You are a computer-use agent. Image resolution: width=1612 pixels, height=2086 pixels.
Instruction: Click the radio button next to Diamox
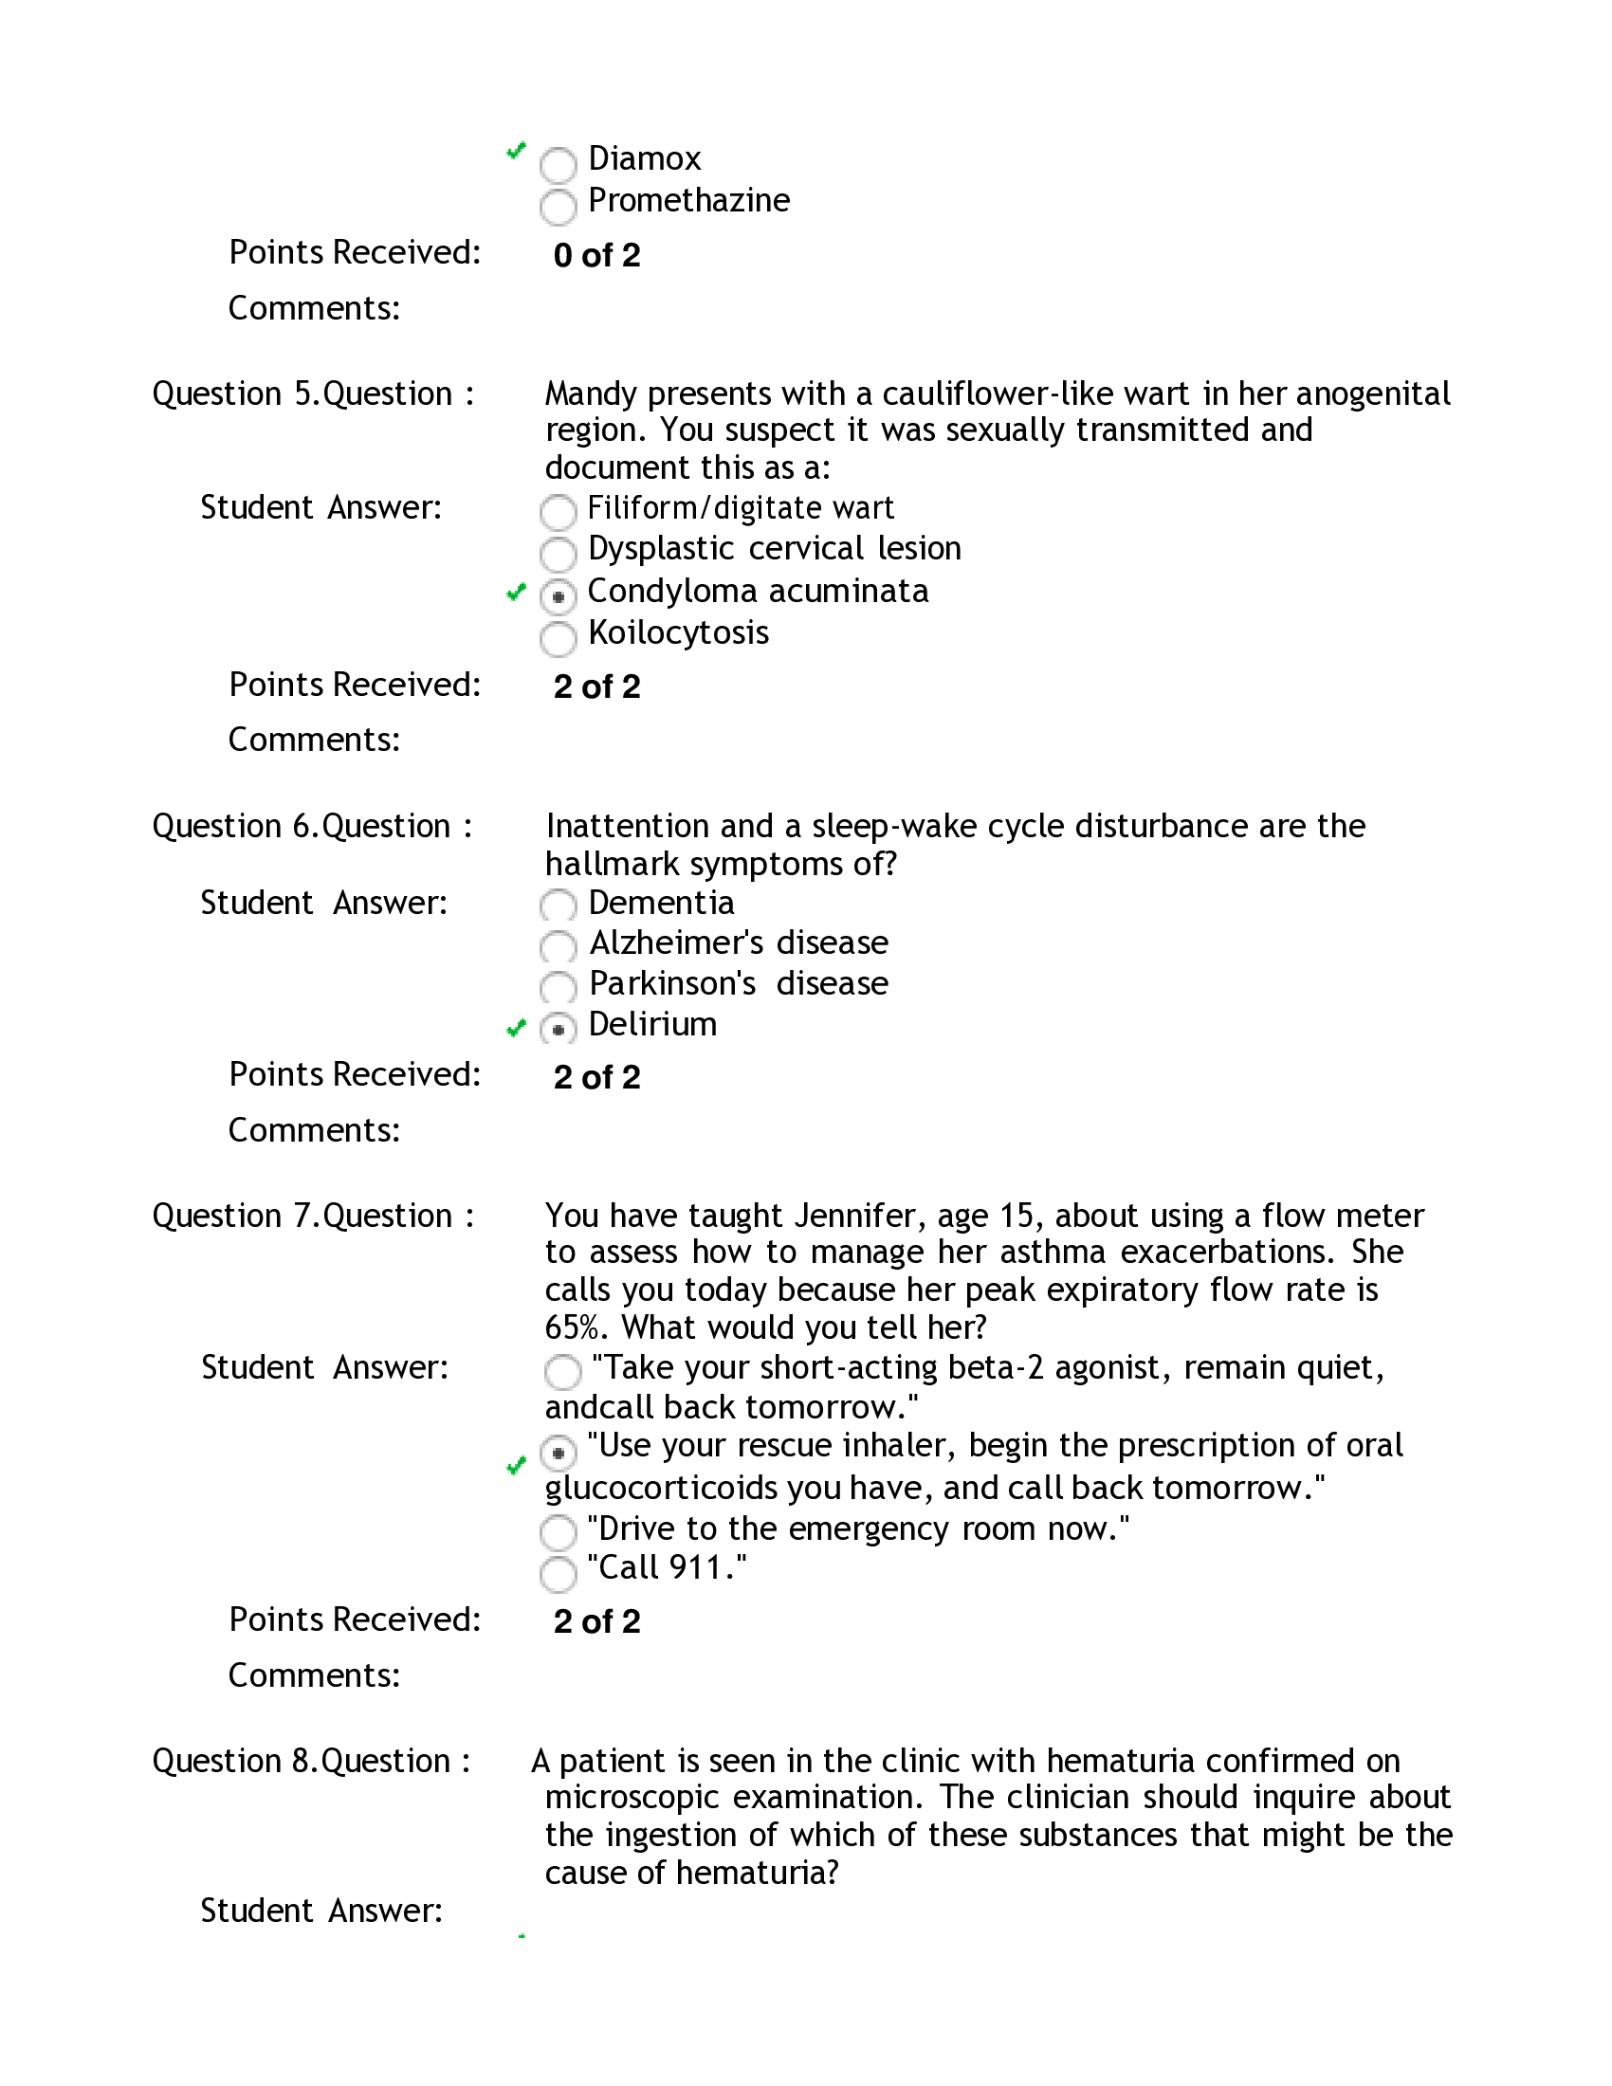pyautogui.click(x=559, y=165)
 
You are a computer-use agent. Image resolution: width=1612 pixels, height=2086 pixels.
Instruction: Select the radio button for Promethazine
pyautogui.click(x=559, y=207)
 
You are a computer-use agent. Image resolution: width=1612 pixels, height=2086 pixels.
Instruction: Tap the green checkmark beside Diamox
pyautogui.click(x=516, y=151)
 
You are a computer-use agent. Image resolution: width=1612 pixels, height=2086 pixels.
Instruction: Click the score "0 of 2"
pyautogui.click(x=596, y=256)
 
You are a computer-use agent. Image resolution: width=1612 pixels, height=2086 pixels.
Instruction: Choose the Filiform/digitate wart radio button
pyautogui.click(x=559, y=512)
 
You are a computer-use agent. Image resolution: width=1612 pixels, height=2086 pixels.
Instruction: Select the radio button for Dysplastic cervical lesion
pyautogui.click(x=559, y=554)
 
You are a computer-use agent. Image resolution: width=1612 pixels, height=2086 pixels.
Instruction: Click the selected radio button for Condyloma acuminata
pyautogui.click(x=559, y=597)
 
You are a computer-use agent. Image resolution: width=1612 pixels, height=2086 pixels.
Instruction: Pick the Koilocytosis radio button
pyautogui.click(x=559, y=638)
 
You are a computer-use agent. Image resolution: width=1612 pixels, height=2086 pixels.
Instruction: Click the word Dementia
pyautogui.click(x=661, y=903)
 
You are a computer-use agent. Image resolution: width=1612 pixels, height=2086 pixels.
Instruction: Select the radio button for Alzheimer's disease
pyautogui.click(x=559, y=947)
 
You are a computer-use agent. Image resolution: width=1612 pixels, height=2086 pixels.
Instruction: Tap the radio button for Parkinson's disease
pyautogui.click(x=559, y=988)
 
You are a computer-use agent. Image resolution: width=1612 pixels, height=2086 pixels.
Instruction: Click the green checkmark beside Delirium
pyautogui.click(x=516, y=1028)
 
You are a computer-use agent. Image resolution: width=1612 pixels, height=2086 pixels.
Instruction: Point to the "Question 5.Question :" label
pyautogui.click(x=313, y=393)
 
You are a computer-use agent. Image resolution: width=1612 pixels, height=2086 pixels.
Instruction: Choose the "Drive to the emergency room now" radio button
pyautogui.click(x=559, y=1533)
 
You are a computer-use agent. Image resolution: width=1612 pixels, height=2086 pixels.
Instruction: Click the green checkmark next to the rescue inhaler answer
pyautogui.click(x=516, y=1465)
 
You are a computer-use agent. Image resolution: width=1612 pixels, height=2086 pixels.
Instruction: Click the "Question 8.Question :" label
pyautogui.click(x=311, y=1761)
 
